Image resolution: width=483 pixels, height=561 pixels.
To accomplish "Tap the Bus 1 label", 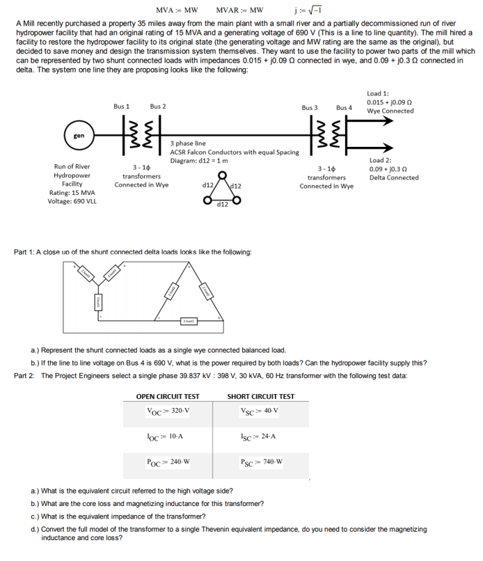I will point(122,106).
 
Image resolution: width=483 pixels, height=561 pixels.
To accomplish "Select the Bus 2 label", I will point(157,106).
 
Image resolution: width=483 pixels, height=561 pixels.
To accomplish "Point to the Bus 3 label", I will point(310,108).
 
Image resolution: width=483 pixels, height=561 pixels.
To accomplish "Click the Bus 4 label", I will point(344,108).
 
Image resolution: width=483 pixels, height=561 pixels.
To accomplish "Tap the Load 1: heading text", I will point(377,93).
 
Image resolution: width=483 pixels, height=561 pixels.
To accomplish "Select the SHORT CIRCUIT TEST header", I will point(260,397).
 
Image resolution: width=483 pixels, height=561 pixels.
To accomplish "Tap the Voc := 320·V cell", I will point(168,411).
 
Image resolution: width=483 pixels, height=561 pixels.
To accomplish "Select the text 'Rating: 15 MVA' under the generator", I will point(72,193).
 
